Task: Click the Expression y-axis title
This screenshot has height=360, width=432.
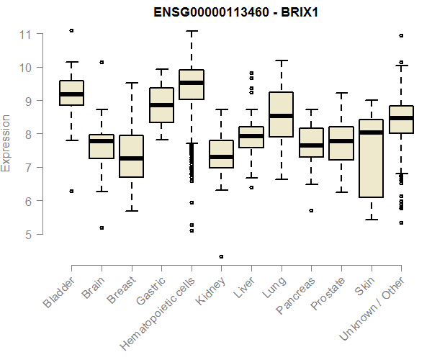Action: pos(6,143)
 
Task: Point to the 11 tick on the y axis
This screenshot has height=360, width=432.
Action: pos(25,34)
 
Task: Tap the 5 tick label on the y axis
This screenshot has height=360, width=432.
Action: pos(25,235)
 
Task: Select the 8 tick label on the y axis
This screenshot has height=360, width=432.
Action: pos(25,135)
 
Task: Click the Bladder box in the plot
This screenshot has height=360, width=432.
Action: pos(71,93)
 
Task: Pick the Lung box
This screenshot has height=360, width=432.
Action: pos(281,114)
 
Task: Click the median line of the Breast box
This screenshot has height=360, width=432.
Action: pos(131,158)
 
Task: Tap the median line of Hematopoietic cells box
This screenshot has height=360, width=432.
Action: pos(191,83)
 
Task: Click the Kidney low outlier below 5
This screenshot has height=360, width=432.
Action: pos(221,256)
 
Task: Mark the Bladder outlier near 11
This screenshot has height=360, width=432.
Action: pos(71,30)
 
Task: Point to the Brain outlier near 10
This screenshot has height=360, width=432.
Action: pos(101,63)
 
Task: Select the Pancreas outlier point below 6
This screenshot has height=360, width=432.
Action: pos(311,211)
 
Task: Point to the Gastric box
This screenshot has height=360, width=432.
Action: pos(161,105)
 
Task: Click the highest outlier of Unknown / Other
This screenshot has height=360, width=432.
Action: pos(401,35)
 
